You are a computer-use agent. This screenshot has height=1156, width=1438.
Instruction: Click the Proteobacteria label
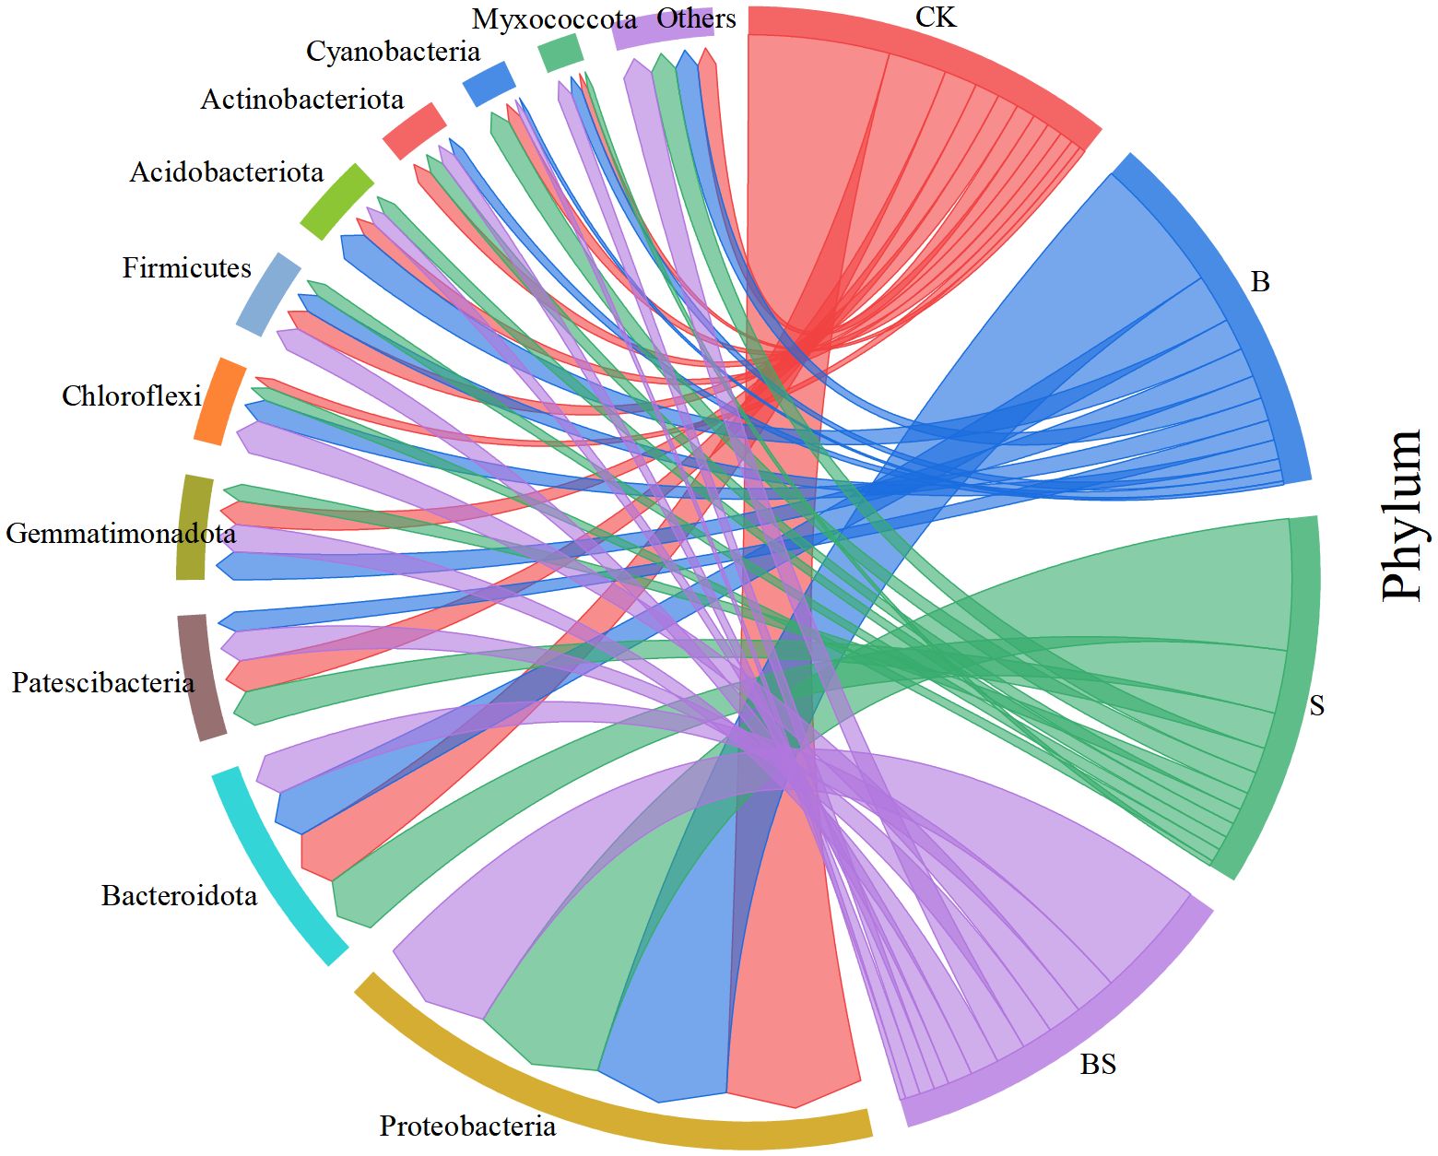click(467, 1126)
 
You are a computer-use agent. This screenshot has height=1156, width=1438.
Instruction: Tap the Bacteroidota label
click(179, 895)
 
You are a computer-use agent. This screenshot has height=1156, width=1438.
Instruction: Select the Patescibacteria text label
click(103, 683)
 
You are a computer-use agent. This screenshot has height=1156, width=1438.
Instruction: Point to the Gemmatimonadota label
click(120, 534)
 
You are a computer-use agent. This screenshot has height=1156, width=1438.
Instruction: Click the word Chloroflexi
click(131, 396)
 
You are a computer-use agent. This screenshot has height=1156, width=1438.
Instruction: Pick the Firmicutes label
click(186, 268)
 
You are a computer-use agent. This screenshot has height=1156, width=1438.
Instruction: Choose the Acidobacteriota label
click(226, 172)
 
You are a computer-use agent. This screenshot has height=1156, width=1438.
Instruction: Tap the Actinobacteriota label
click(301, 100)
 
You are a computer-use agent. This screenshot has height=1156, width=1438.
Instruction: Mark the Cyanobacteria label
click(393, 52)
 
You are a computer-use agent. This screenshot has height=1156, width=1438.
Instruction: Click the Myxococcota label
click(553, 19)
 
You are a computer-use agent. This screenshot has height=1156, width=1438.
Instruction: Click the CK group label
click(935, 18)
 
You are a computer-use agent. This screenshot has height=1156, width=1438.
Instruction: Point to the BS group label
click(1097, 1065)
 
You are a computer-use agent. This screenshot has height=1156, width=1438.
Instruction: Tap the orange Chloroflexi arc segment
click(220, 402)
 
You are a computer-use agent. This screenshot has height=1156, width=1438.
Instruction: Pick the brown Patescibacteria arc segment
click(200, 677)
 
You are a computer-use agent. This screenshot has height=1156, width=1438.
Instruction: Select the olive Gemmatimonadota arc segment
click(194, 527)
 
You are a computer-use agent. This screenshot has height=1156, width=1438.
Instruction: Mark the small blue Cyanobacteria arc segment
click(488, 83)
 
